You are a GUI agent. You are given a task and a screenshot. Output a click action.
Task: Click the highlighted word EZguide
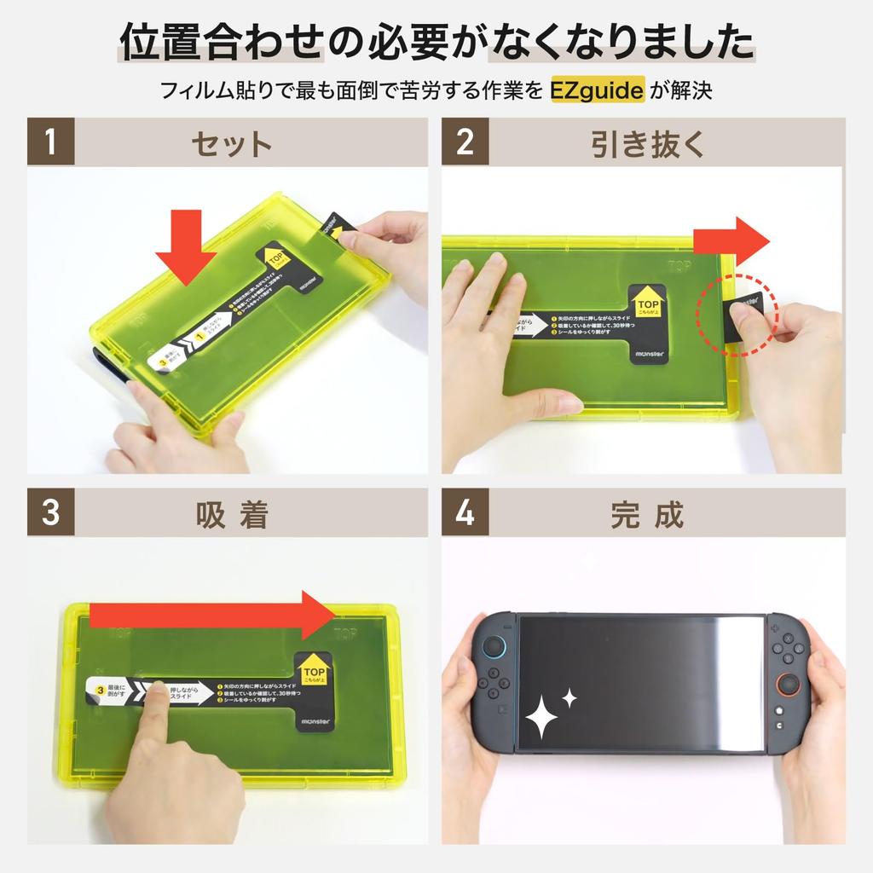tap(596, 90)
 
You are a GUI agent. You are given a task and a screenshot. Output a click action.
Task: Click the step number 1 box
tap(51, 142)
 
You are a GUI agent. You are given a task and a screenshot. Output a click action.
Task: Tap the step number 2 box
tap(465, 142)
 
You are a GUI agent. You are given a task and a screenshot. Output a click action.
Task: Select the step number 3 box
tap(51, 512)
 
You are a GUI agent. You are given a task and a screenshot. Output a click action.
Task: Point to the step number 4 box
tap(465, 512)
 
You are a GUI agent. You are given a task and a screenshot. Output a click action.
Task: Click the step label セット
tap(232, 142)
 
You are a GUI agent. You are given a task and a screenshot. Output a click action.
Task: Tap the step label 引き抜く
tap(648, 142)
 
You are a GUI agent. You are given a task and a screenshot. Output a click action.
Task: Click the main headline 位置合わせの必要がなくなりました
tap(436, 43)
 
